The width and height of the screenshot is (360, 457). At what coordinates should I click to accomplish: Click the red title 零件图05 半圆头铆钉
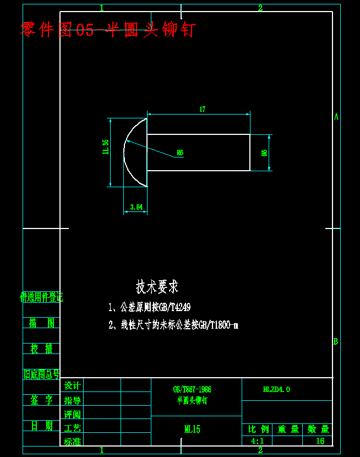click(108, 29)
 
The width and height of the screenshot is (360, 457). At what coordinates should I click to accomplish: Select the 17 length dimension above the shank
click(202, 110)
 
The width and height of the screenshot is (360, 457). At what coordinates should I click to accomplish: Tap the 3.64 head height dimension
click(136, 208)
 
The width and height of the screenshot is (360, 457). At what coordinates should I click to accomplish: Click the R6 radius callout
click(179, 153)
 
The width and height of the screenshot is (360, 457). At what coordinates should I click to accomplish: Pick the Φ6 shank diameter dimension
click(265, 153)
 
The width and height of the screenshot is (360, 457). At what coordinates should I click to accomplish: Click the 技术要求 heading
click(157, 287)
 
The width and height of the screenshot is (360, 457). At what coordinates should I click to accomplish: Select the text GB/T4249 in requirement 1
click(175, 307)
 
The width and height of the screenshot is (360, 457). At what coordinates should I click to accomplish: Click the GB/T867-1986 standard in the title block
click(192, 389)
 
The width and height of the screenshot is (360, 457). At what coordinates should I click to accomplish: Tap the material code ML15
click(192, 429)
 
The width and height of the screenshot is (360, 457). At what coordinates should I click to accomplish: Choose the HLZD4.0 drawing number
click(276, 389)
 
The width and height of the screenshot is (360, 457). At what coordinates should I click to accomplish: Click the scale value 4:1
click(257, 441)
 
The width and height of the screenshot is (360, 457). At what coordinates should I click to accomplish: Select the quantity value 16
click(320, 441)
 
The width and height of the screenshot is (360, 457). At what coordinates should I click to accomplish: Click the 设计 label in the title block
click(73, 385)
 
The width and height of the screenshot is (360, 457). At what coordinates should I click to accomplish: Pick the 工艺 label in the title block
click(73, 428)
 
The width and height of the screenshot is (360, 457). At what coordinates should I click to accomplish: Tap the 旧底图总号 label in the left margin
click(41, 375)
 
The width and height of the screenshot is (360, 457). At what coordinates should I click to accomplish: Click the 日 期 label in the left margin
click(41, 426)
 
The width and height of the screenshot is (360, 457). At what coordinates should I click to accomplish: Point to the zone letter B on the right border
click(336, 341)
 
